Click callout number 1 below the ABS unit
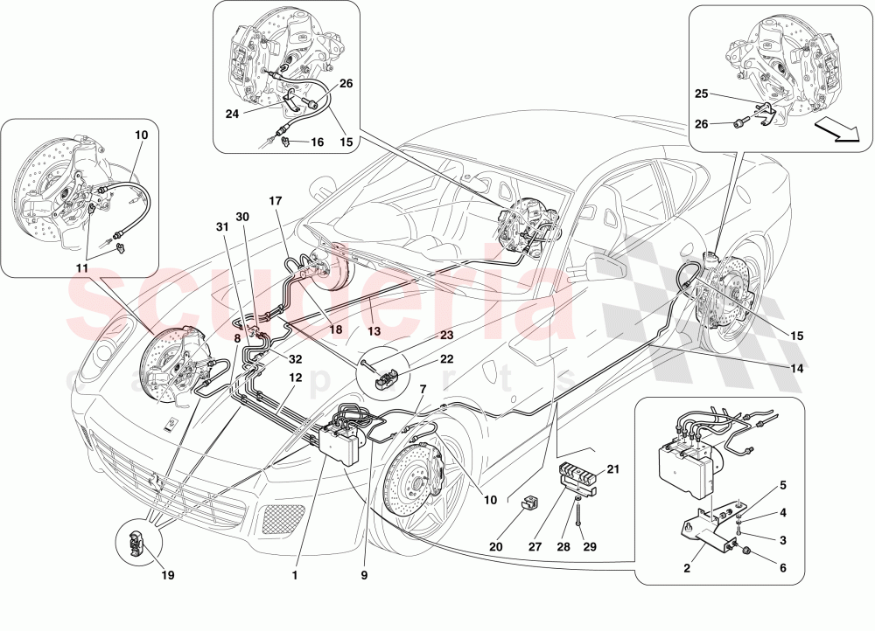[295, 575]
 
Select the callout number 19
[167, 575]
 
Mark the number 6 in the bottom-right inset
[782, 567]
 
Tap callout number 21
[612, 470]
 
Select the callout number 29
[589, 548]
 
